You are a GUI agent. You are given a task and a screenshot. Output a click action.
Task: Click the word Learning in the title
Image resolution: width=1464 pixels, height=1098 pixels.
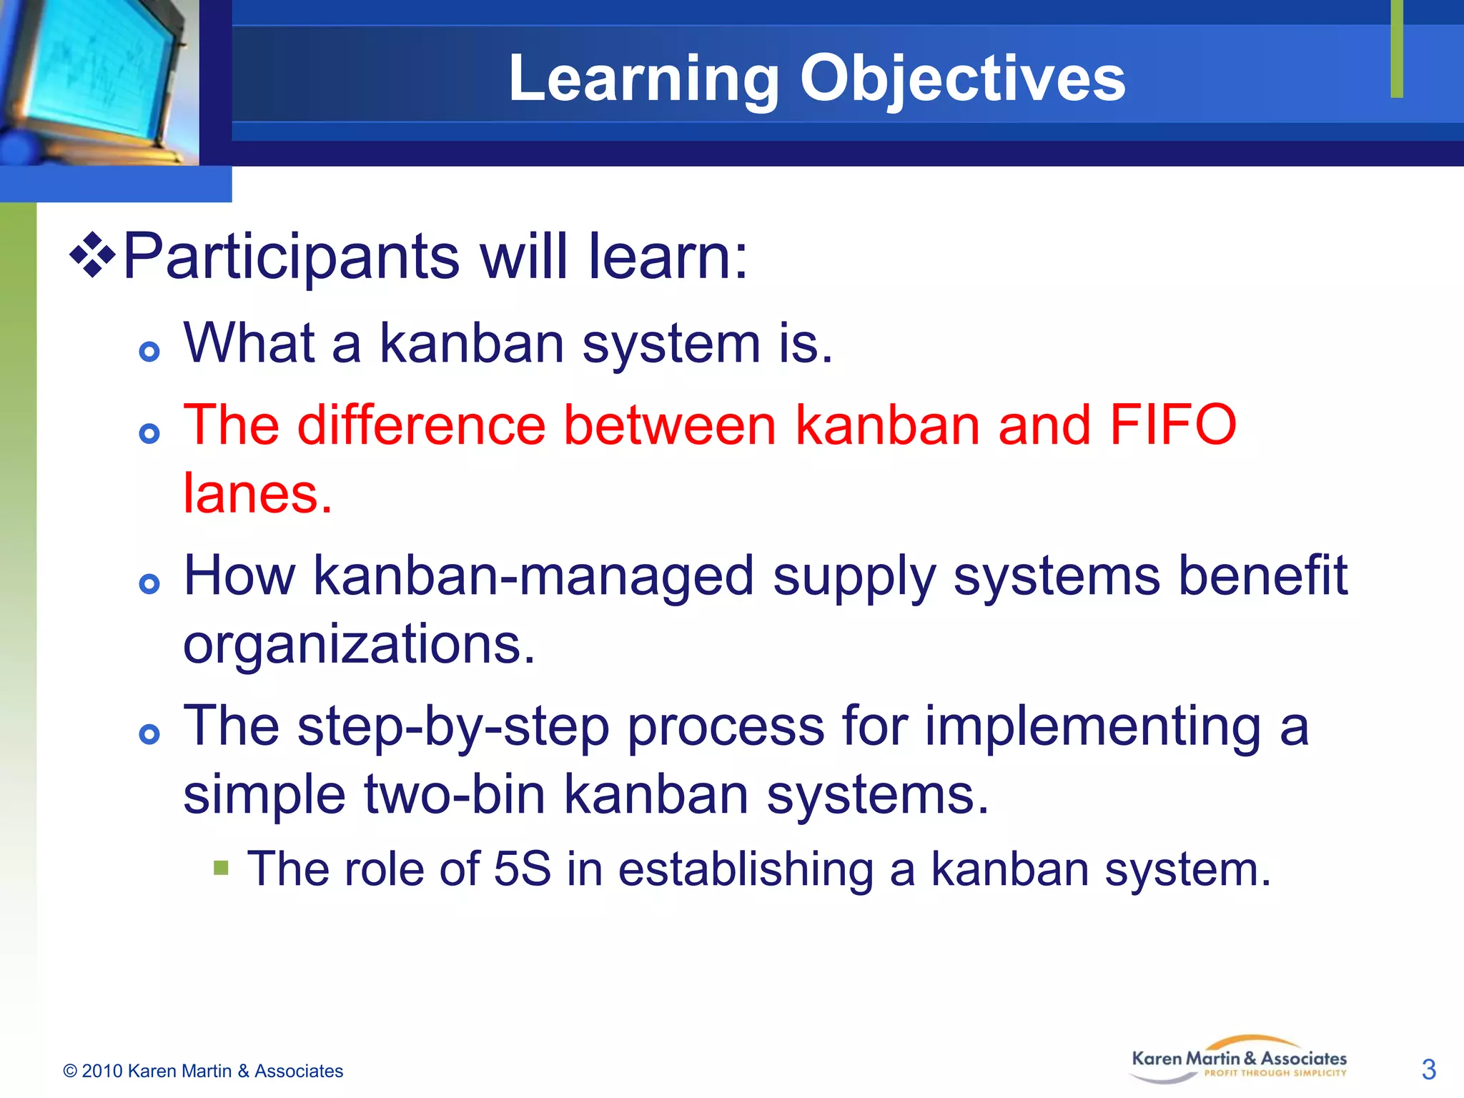tap(643, 79)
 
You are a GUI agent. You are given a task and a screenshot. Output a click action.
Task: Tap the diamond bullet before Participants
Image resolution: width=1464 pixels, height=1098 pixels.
tap(92, 254)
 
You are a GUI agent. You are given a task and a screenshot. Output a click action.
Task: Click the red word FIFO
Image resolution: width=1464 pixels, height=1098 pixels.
tap(1172, 425)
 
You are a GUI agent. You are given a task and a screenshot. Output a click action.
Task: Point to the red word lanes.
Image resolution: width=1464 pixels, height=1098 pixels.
tap(257, 493)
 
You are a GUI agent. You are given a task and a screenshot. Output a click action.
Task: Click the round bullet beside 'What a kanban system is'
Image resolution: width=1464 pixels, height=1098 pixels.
tap(149, 352)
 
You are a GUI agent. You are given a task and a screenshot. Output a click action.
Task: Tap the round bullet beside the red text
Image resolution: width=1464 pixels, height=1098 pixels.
tap(149, 433)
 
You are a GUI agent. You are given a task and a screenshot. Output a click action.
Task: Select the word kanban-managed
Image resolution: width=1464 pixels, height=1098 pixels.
tap(533, 576)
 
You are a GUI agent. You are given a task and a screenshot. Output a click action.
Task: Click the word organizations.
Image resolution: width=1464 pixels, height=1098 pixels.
tap(359, 643)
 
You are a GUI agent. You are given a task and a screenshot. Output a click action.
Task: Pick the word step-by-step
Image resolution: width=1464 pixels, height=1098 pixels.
tap(453, 726)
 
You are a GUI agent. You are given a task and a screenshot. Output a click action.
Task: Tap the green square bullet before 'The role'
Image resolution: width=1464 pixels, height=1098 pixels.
tap(221, 868)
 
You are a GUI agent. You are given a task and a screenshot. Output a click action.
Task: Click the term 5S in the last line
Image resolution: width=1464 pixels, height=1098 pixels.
tap(522, 869)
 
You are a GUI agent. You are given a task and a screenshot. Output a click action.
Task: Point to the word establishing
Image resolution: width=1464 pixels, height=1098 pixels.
tap(746, 869)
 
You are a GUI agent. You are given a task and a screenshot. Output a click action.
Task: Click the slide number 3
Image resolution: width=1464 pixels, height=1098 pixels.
tap(1428, 1069)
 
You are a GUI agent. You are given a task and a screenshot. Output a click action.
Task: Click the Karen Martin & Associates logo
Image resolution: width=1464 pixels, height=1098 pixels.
tap(1239, 1061)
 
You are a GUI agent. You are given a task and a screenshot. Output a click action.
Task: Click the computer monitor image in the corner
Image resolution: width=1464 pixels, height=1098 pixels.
tap(97, 82)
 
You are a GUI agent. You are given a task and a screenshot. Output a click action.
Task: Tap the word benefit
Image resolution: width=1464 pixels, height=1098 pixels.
tap(1262, 576)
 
